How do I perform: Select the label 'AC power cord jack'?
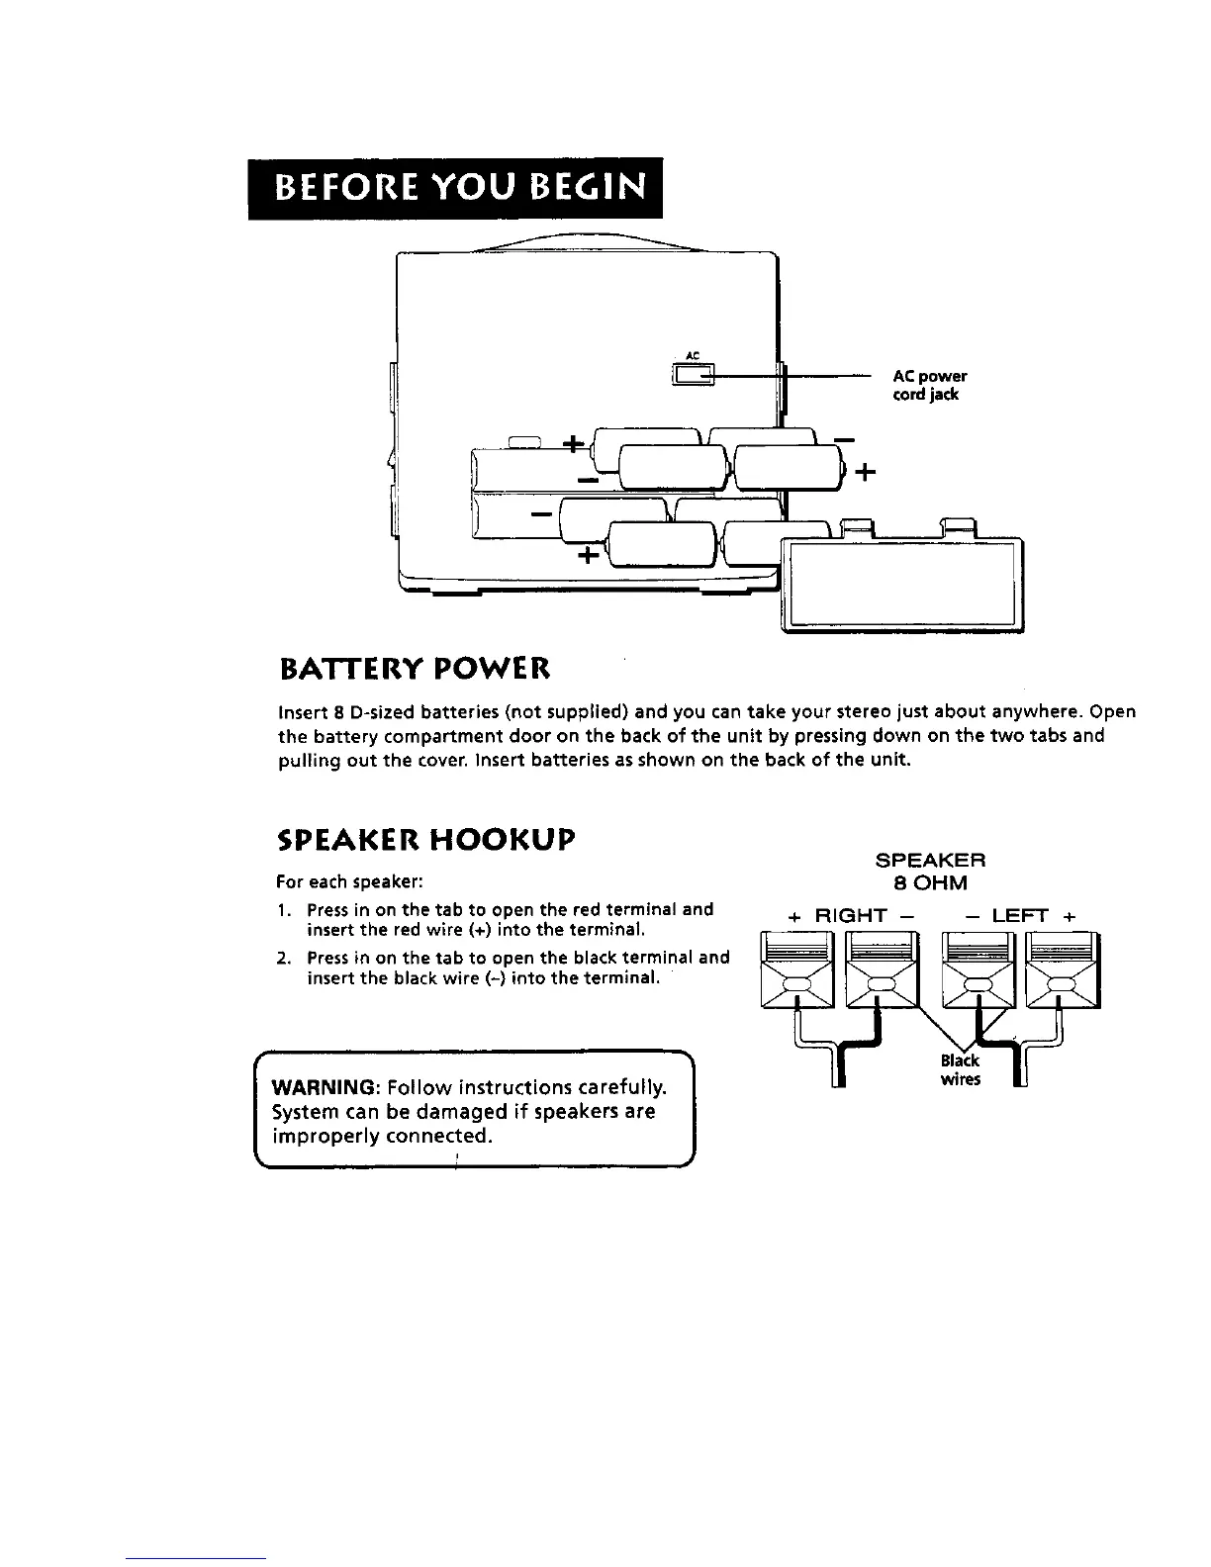pyautogui.click(x=928, y=385)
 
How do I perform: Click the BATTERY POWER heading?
pyautogui.click(x=414, y=670)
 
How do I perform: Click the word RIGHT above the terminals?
pyautogui.click(x=851, y=917)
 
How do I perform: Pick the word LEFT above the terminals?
pyautogui.click(x=1019, y=917)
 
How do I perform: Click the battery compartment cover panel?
pyautogui.click(x=901, y=584)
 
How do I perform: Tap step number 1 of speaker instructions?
pyautogui.click(x=283, y=910)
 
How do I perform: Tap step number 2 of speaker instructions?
pyautogui.click(x=283, y=958)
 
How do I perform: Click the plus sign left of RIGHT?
pyautogui.click(x=794, y=917)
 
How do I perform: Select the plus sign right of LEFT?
pyautogui.click(x=1069, y=917)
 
